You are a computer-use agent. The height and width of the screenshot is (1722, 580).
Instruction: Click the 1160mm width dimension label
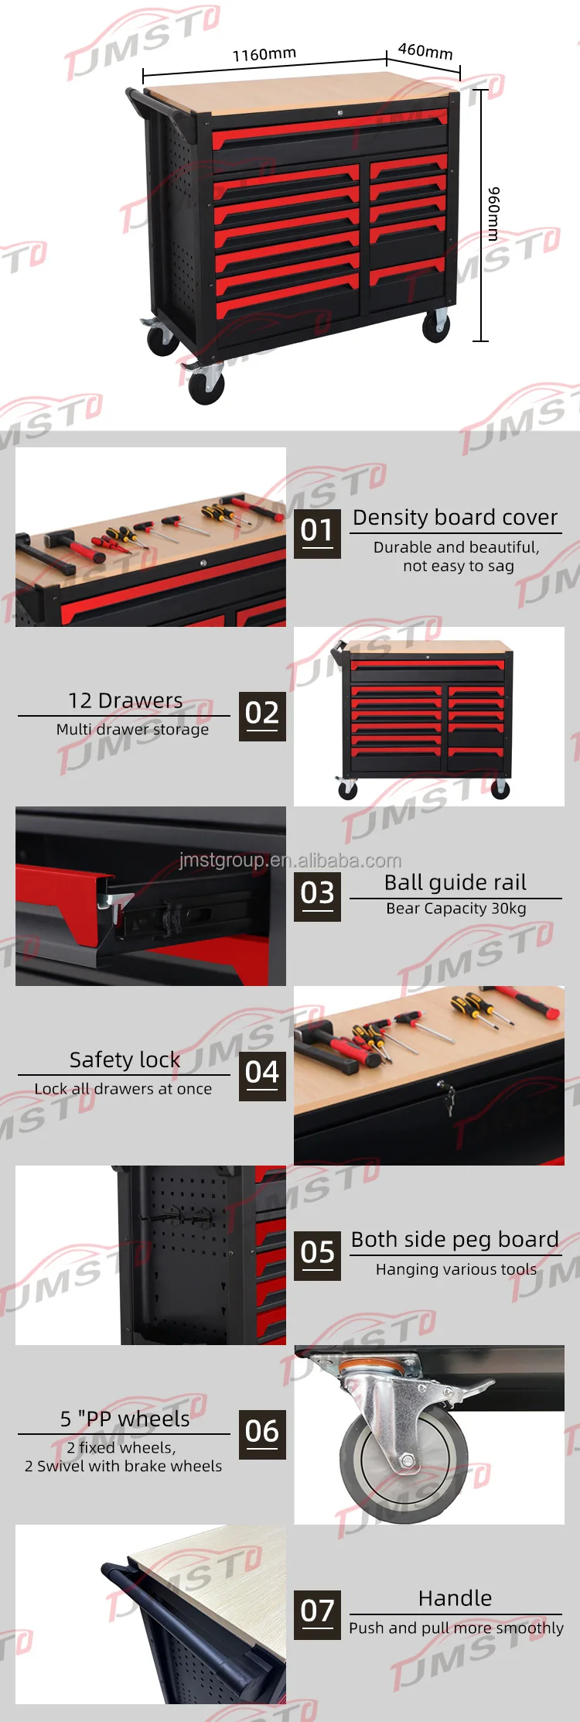264,54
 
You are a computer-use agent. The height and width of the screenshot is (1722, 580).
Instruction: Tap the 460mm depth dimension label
425,51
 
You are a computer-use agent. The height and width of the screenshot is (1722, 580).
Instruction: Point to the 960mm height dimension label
493,214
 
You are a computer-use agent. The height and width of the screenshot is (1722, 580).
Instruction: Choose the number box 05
317,1255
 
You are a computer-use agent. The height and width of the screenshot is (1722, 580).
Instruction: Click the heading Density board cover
455,517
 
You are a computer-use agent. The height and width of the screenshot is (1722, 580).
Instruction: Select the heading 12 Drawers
125,700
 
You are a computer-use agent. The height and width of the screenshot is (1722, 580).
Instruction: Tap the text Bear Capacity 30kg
456,909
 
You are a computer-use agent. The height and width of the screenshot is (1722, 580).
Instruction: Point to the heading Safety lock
125,1060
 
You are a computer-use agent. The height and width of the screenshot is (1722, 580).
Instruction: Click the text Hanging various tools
456,1269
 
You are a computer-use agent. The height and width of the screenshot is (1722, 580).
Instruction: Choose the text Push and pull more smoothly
456,1628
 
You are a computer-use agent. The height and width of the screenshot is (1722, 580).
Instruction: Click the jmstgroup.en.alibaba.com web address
290,861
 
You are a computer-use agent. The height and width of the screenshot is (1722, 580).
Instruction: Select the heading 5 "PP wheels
125,1419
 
